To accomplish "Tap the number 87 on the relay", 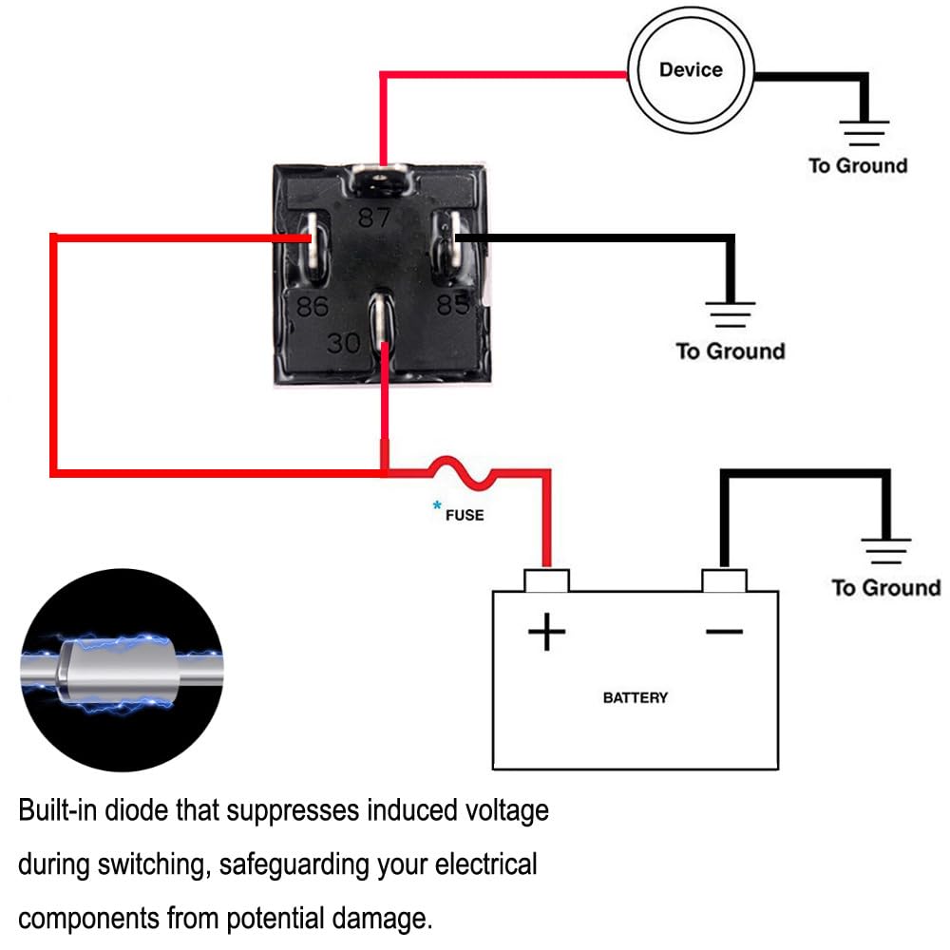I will [x=374, y=218].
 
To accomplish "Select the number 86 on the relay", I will [x=313, y=307].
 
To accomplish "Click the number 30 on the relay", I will [x=344, y=343].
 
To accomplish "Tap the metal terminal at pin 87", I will [x=382, y=178].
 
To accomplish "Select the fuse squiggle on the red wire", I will [x=460, y=471].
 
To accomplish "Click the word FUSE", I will [x=465, y=515].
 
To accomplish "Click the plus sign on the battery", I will [x=546, y=631].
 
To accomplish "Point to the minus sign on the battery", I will [x=724, y=631].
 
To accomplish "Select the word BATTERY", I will [x=635, y=697].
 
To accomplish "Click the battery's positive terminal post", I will [x=546, y=579].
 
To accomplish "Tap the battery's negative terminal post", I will [x=724, y=579].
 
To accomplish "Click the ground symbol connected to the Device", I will [x=863, y=133].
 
